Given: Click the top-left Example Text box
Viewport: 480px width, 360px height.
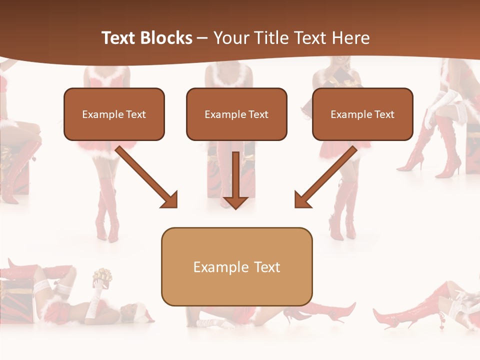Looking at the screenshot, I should tap(114, 114).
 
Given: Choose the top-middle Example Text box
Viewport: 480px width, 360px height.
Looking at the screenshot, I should tap(236, 114).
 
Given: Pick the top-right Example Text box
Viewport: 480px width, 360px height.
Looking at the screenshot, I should tap(362, 114).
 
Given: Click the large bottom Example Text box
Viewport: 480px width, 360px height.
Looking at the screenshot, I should tap(236, 266).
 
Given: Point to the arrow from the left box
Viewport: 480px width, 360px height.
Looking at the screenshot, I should tap(145, 175).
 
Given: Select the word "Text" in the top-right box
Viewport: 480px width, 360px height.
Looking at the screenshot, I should tap(384, 114).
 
